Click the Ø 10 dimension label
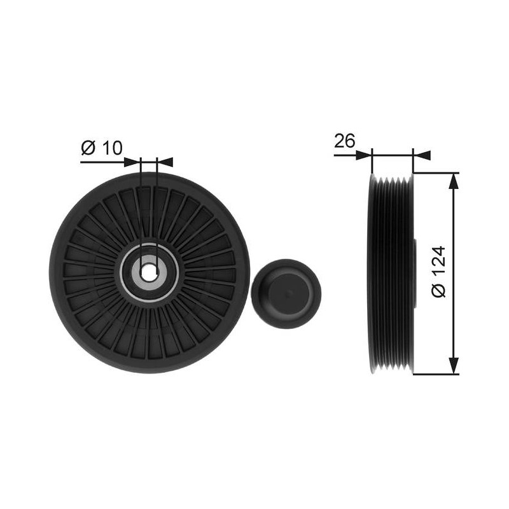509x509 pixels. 102,148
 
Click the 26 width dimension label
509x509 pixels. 345,141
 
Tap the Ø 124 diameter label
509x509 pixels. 439,272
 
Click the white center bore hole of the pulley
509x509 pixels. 149,269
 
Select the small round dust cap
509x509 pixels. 286,293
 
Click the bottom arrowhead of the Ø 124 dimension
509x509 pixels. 454,366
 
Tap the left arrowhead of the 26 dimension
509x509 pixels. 364,155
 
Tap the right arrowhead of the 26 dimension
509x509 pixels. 422,155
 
